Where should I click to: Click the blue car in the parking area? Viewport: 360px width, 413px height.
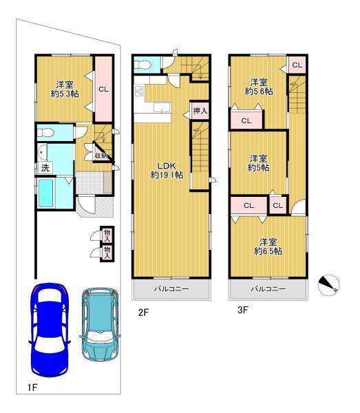coord(50,330)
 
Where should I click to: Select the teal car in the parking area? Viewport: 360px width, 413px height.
coord(100,324)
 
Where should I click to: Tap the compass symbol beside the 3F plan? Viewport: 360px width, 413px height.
coord(328,285)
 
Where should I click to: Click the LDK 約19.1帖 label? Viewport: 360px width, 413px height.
coord(167,170)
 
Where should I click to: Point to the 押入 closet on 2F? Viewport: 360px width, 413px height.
coord(200,111)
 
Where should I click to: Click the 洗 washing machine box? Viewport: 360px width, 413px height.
coord(45,168)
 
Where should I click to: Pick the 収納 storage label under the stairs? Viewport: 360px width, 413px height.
coord(101,156)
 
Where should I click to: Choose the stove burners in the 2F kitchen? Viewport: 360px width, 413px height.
coord(139,92)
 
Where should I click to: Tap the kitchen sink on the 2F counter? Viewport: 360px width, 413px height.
coord(162,107)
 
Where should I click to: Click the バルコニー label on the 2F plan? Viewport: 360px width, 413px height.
coord(171,289)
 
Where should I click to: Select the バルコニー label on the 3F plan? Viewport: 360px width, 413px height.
coord(268,289)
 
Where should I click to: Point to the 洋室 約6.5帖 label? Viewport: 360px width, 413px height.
coord(268,247)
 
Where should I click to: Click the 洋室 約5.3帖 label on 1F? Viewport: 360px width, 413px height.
coord(65,89)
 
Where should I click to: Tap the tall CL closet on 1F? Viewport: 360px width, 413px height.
coord(103,89)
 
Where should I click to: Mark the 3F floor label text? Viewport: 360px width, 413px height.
coord(243,310)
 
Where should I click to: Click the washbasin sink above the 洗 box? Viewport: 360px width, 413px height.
coord(42,152)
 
